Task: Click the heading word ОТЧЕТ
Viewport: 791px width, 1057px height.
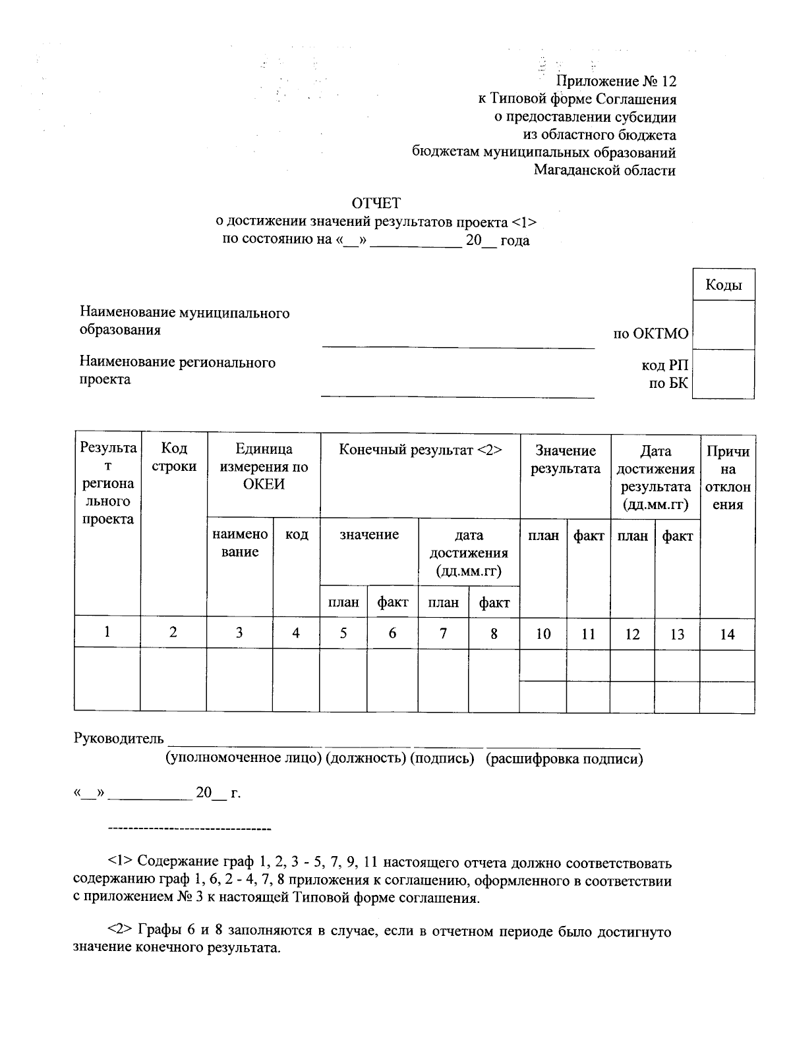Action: coord(376,203)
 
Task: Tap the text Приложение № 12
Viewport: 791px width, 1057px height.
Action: coord(616,82)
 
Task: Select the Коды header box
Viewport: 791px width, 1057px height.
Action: coord(723,285)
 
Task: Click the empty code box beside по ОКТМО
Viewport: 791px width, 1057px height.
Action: coord(723,325)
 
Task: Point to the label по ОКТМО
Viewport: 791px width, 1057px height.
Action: coord(650,334)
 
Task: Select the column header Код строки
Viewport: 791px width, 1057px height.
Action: coord(174,457)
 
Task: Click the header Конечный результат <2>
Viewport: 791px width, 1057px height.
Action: coord(421,450)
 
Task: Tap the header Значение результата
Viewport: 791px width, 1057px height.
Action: coord(566,460)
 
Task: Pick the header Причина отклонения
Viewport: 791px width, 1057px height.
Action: coord(727,478)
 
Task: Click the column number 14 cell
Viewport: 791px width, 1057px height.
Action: coord(727,634)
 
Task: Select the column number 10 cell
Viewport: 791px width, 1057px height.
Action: coord(543,634)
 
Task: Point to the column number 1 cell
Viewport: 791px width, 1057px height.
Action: coord(107,632)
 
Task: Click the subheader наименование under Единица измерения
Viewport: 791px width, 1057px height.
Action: coord(240,543)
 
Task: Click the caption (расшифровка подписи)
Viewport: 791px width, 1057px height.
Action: coord(564,759)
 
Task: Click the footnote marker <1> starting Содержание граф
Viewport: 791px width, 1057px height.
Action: coord(121,862)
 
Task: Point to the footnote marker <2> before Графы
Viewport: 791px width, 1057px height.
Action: coord(121,932)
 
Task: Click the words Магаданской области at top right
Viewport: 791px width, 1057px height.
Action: coord(604,171)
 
